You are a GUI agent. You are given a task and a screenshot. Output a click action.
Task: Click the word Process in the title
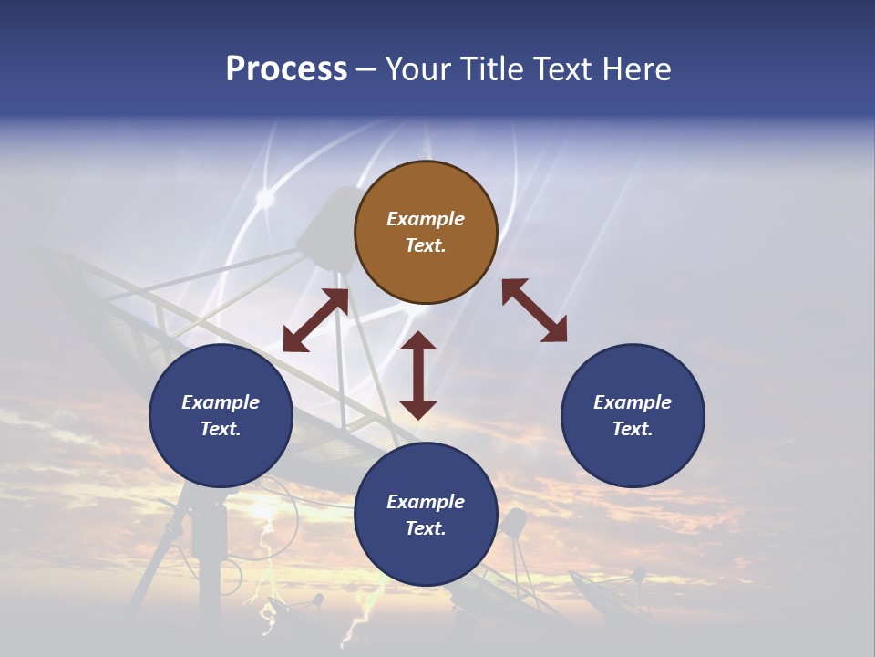click(286, 69)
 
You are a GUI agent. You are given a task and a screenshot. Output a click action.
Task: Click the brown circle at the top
click(426, 233)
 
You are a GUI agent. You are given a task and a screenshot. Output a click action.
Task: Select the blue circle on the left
click(221, 415)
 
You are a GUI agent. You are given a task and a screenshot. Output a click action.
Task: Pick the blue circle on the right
click(633, 415)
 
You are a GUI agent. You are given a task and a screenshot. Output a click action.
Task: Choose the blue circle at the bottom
click(426, 515)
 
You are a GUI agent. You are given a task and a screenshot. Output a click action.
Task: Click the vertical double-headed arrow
click(418, 375)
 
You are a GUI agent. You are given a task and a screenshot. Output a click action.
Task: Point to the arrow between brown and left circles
click(315, 320)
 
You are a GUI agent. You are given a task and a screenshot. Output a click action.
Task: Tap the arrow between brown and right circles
click(534, 310)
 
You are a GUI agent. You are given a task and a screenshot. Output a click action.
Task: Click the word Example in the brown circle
click(426, 219)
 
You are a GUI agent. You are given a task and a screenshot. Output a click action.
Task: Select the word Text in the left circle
click(221, 429)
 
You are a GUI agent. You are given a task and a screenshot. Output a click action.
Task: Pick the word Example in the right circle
click(633, 402)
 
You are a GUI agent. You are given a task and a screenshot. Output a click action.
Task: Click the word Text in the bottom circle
click(426, 528)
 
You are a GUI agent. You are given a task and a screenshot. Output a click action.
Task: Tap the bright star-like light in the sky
click(265, 197)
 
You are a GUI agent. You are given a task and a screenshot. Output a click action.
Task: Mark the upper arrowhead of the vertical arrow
click(418, 341)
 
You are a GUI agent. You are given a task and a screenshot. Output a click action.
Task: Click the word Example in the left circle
click(221, 402)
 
